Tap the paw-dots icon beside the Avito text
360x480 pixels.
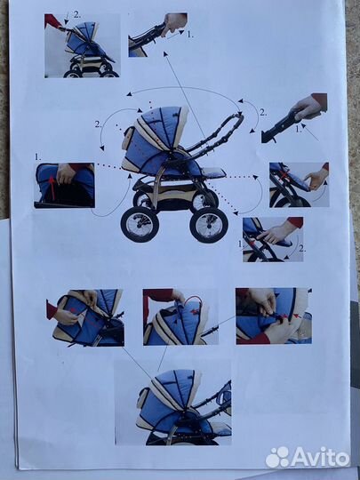(277, 458)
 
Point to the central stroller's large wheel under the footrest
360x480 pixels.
(209, 225)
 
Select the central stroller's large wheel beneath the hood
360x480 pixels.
(140, 224)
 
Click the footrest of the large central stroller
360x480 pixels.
(213, 173)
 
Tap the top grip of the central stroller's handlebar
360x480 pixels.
(236, 118)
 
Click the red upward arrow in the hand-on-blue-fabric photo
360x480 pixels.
(52, 188)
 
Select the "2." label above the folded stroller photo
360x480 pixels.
(76, 14)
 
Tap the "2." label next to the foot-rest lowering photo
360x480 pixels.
(302, 249)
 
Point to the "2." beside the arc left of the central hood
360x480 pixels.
(98, 124)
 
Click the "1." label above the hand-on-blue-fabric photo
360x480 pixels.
(37, 157)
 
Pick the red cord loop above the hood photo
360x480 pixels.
(193, 300)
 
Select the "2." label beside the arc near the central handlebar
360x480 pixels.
(263, 112)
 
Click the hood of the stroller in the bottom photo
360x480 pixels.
(173, 388)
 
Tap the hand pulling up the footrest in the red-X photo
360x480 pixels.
(316, 178)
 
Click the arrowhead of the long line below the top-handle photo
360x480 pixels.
(165, 54)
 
